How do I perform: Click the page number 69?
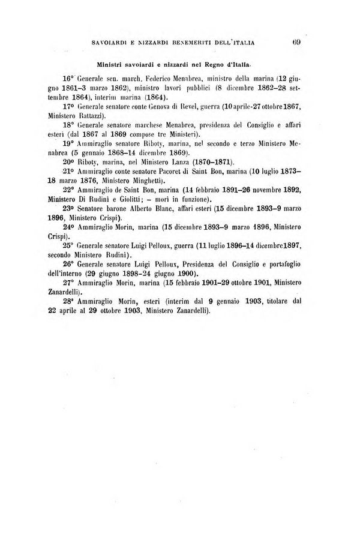click(296, 41)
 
